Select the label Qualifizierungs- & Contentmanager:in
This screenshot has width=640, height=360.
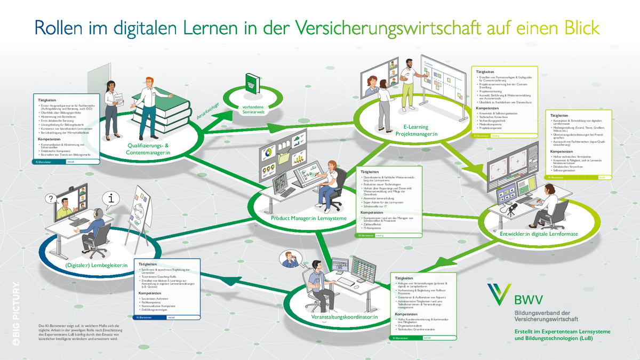tap(148, 149)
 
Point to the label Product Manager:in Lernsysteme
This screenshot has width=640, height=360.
tap(309, 218)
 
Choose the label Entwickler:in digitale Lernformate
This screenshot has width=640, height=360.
tap(539, 234)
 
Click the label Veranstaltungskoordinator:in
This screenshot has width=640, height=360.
tap(344, 318)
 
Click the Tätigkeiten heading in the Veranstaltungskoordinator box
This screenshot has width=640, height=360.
tap(404, 278)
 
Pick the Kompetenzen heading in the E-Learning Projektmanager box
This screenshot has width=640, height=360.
tap(487, 108)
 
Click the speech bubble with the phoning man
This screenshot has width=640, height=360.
tap(290, 259)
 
